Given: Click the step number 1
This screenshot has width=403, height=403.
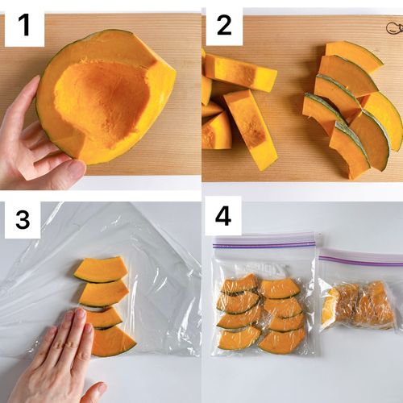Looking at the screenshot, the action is (24, 25).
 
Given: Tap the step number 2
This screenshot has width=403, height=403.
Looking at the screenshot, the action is (224, 25).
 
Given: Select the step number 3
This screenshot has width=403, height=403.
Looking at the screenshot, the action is (23, 219).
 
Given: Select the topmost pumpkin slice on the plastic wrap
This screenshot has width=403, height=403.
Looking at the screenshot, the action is (100, 269).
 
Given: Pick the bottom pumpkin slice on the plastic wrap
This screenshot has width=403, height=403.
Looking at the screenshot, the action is (113, 342).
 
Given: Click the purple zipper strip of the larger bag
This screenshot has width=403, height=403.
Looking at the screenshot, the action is (264, 244).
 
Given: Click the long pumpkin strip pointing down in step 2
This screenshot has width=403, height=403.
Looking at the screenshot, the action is (251, 130).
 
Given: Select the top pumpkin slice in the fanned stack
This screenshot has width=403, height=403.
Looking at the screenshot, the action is (354, 57).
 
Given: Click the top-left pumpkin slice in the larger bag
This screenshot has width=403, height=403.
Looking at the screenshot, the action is (239, 285).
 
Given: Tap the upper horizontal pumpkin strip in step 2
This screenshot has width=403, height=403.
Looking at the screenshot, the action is (240, 72).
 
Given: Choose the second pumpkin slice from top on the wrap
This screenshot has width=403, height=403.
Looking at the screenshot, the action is (103, 293).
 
